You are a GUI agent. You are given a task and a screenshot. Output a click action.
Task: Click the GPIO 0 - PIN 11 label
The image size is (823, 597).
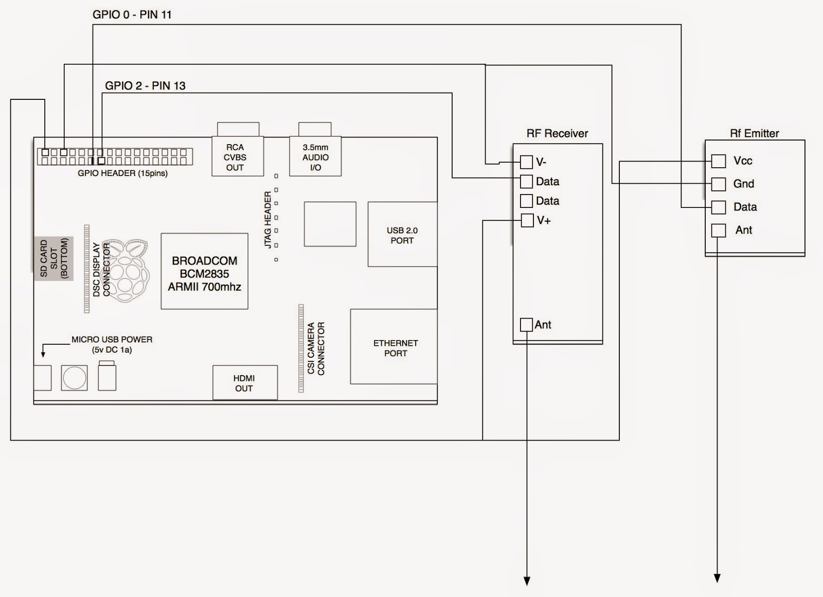(x=132, y=14)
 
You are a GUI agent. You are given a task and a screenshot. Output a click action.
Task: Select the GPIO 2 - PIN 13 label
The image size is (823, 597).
(x=145, y=85)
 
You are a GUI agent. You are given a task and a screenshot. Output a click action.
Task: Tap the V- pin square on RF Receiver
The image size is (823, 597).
(x=526, y=162)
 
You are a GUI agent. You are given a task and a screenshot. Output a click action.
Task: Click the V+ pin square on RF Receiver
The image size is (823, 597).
(x=527, y=221)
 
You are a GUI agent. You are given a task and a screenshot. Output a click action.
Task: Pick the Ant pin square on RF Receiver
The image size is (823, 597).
(x=526, y=325)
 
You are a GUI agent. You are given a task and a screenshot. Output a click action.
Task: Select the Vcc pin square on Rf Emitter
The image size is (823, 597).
(x=719, y=161)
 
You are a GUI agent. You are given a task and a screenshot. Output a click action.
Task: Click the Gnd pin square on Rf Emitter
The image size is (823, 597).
(x=719, y=184)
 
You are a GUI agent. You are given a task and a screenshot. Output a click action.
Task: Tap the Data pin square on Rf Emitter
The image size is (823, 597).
(x=719, y=207)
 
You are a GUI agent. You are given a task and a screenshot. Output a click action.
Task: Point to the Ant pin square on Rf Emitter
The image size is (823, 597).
(x=719, y=230)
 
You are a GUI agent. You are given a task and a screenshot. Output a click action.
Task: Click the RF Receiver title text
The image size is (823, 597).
(x=557, y=133)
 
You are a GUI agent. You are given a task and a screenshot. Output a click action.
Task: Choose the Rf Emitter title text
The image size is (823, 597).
(x=754, y=133)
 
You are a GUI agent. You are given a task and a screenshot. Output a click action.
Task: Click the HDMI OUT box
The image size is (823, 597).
(x=245, y=383)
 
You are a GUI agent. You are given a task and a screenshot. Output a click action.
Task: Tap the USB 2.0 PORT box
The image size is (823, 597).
(x=402, y=235)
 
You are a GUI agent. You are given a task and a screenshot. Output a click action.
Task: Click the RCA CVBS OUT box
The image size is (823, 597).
(x=237, y=156)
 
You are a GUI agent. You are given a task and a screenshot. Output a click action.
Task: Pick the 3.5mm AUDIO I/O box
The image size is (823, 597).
(x=315, y=156)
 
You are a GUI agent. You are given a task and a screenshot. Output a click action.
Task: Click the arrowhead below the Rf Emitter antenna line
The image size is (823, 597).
(x=717, y=578)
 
